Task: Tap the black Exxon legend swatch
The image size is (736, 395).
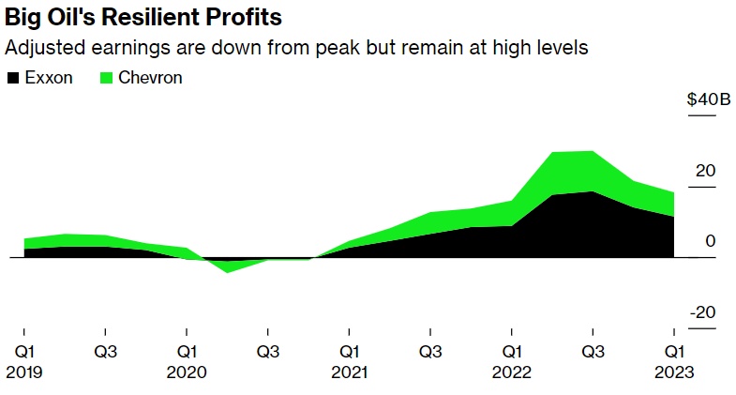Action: [11, 78]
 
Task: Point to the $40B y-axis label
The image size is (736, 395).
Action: [709, 100]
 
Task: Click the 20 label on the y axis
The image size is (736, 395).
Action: [705, 171]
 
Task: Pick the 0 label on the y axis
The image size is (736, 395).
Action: [711, 241]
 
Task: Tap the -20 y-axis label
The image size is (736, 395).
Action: [703, 312]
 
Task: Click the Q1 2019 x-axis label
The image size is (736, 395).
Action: [23, 361]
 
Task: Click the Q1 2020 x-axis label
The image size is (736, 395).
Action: [187, 361]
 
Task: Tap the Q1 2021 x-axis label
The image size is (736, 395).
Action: [349, 361]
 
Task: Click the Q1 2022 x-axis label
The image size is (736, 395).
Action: [512, 361]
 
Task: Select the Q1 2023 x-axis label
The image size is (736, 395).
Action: [674, 361]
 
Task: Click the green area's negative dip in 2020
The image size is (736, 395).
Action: [227, 266]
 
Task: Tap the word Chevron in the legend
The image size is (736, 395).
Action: [148, 78]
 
